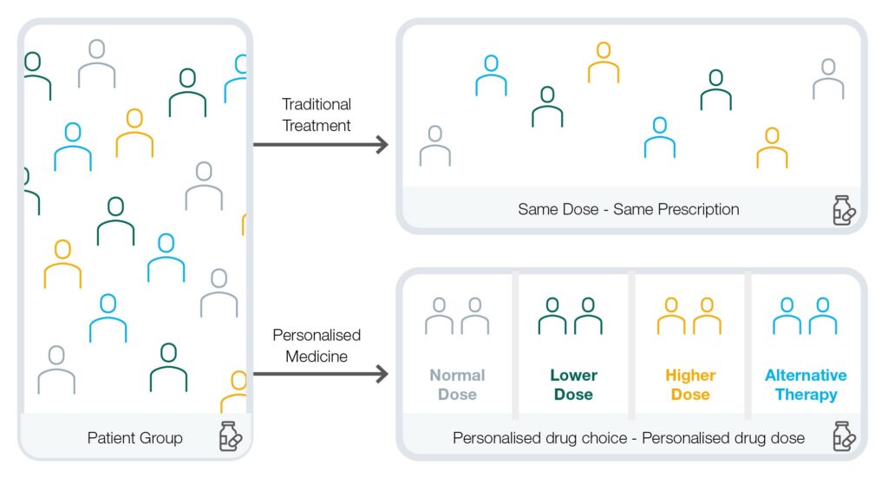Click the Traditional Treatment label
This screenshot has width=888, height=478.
(317, 115)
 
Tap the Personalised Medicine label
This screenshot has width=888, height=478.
(317, 345)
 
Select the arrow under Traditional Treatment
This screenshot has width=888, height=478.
(321, 144)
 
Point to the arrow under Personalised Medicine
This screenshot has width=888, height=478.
(321, 374)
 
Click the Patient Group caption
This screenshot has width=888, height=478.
(134, 438)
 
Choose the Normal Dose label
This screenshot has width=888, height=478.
(457, 384)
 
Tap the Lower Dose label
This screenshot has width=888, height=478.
(574, 384)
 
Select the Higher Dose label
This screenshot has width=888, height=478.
(690, 384)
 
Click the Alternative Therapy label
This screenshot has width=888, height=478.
(806, 384)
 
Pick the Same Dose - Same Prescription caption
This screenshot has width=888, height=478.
(629, 210)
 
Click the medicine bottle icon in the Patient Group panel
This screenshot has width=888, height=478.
(230, 436)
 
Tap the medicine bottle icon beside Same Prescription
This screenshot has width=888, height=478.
(844, 211)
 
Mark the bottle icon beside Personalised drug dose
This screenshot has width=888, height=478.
(844, 436)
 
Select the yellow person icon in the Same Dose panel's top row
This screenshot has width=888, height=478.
(604, 63)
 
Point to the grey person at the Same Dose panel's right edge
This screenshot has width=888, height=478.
(828, 80)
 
